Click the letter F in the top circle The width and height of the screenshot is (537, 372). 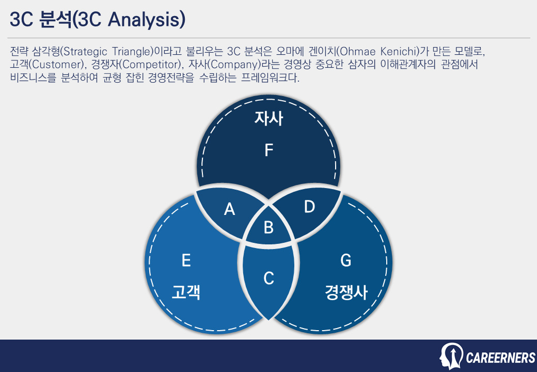[x=268, y=150]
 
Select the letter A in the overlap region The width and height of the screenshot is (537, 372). [x=229, y=209]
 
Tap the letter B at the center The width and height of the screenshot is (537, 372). [x=268, y=227]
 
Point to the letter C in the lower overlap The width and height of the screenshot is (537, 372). [x=268, y=278]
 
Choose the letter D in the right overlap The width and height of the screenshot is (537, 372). [x=309, y=207]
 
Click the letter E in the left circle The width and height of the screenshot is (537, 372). [x=186, y=260]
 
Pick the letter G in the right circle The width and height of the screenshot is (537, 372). [x=346, y=260]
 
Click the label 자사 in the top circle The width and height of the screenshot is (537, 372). [x=268, y=119]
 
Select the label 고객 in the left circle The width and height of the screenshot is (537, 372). [x=186, y=293]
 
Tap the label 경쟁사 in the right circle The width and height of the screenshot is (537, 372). [x=346, y=293]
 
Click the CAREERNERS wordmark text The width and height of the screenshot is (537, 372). [x=500, y=358]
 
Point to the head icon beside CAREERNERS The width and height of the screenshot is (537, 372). [x=451, y=355]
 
